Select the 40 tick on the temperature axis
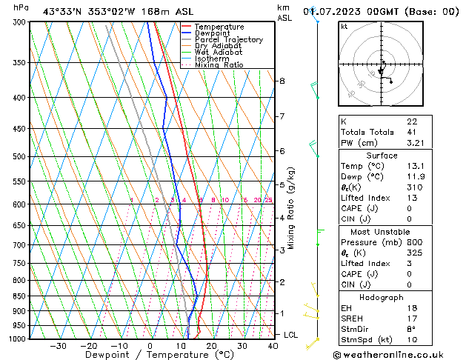tap(273, 346)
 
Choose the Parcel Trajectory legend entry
tap(228, 40)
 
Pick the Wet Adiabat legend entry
tap(219, 53)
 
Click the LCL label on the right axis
tap(291, 335)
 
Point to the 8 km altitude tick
tap(282, 80)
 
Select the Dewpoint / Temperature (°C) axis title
tap(150, 355)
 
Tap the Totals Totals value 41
tap(412, 132)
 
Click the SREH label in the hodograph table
tap(352, 318)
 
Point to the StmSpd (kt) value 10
tap(412, 339)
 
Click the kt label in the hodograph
tap(344, 26)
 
